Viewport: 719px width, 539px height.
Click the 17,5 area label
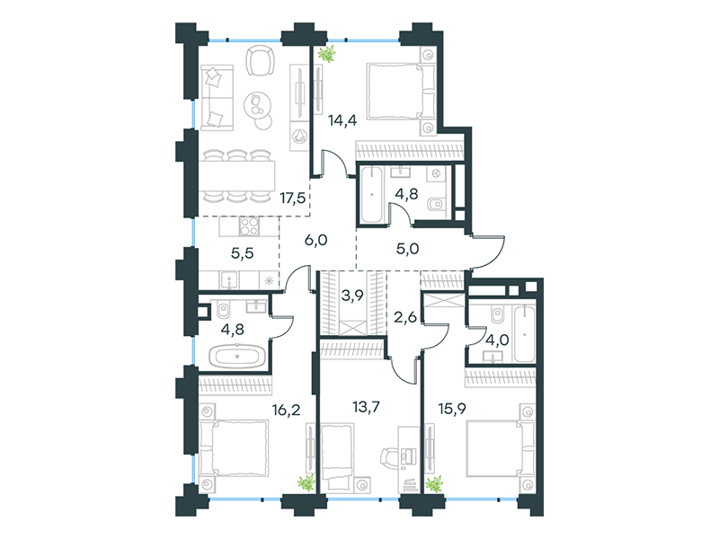[293, 199]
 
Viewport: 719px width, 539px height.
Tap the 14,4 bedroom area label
[342, 120]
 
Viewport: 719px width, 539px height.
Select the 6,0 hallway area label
[316, 240]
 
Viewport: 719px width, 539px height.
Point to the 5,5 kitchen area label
[242, 253]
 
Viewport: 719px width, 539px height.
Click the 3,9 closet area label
[352, 296]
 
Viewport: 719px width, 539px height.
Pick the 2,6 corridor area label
[405, 317]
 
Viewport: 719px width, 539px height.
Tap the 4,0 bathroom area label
[497, 341]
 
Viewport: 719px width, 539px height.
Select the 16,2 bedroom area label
[286, 410]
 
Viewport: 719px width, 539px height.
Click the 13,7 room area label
[366, 407]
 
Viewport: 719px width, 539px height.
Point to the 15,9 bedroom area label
[452, 409]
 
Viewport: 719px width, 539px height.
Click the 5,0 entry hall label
[407, 249]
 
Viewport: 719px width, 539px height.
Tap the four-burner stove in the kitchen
[250, 226]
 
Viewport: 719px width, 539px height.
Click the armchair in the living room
[261, 60]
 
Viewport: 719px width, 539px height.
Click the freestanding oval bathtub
[237, 356]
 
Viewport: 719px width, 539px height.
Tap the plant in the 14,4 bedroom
[327, 54]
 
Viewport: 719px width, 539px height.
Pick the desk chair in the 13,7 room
[389, 457]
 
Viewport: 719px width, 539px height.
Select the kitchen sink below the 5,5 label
[228, 279]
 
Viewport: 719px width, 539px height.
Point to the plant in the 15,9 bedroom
[434, 484]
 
